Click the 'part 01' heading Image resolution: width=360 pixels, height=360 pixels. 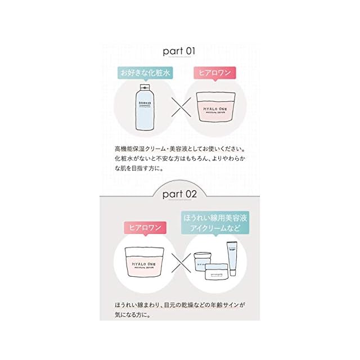click(179, 51)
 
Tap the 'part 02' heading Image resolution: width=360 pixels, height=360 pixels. click(179, 194)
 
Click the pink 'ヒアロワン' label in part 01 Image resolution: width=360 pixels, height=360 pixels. click(215, 73)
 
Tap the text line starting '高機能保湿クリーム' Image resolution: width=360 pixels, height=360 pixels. click(179, 150)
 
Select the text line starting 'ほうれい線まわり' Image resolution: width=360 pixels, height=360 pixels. click(179, 305)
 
